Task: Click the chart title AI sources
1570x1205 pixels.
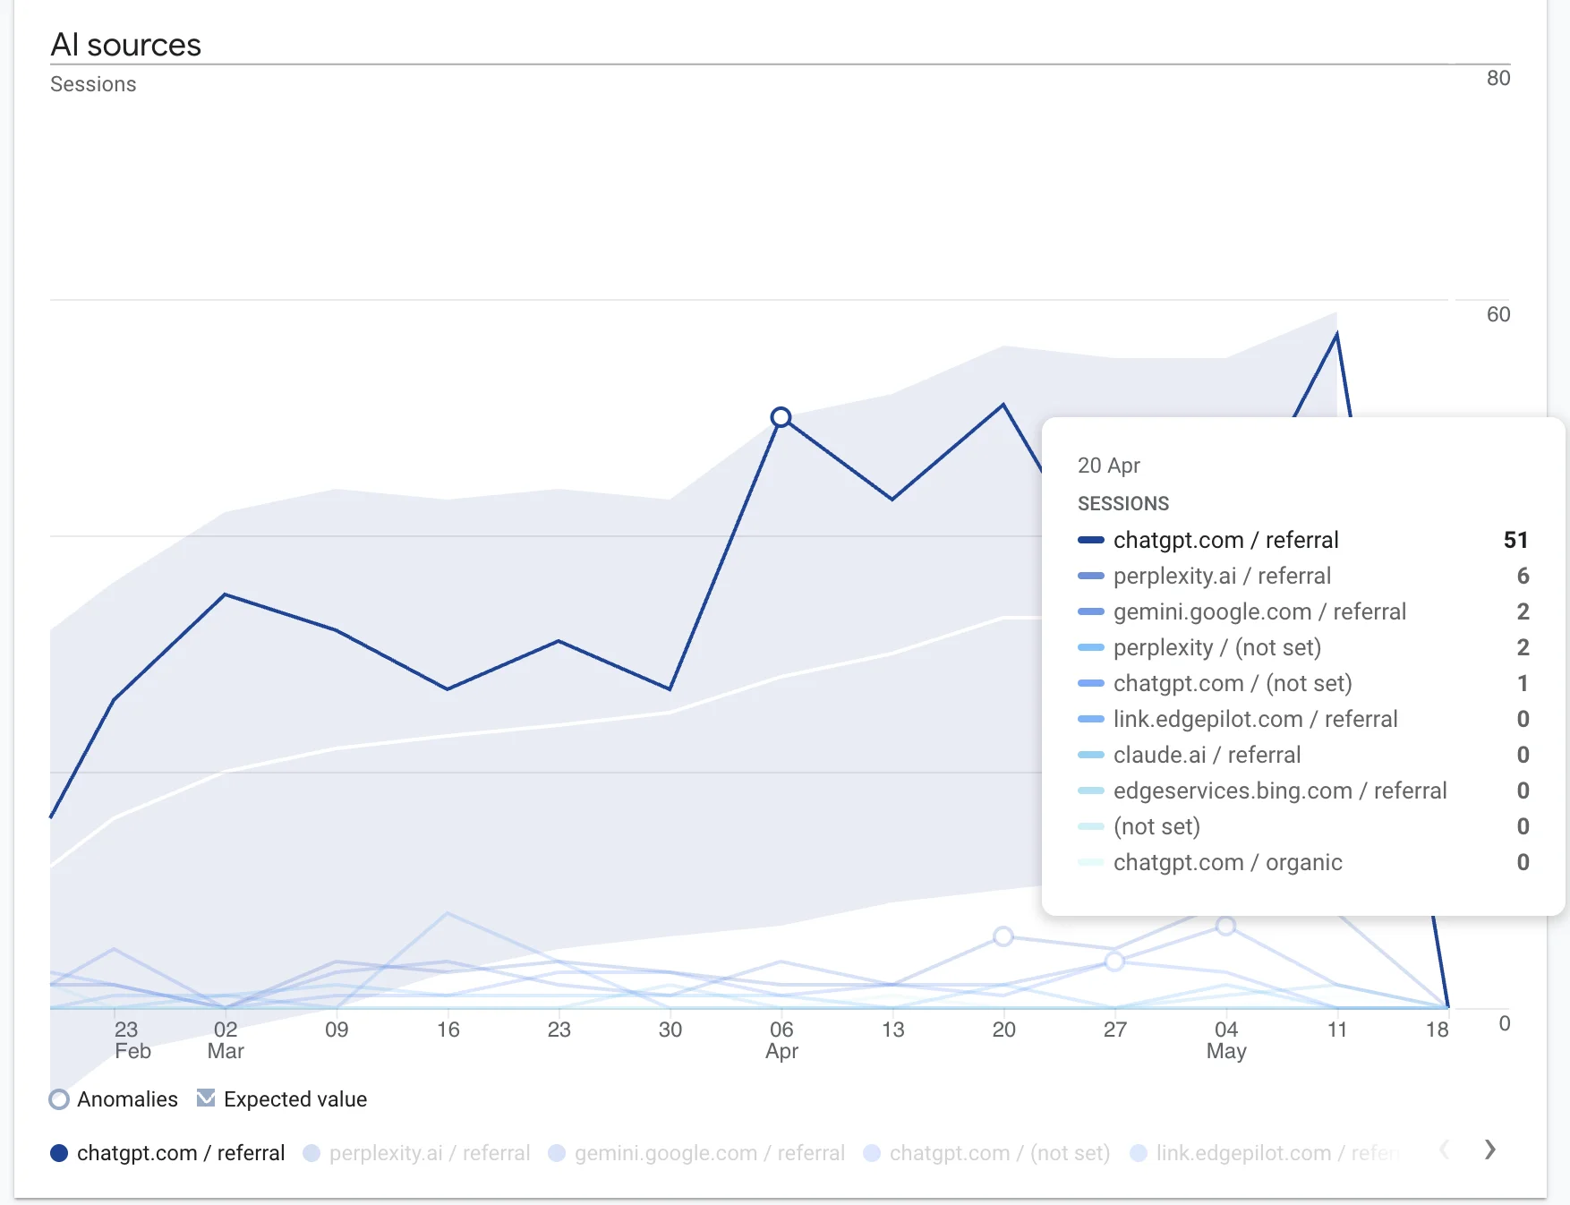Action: (126, 45)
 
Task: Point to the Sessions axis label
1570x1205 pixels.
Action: (93, 84)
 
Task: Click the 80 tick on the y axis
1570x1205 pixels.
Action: (1497, 79)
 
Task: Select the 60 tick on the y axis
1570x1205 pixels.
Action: (1497, 314)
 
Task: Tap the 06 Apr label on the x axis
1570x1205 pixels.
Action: (781, 1039)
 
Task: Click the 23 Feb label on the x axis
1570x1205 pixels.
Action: (127, 1039)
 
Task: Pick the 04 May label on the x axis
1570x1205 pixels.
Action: (1225, 1039)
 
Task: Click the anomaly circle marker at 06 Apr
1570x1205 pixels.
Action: (781, 417)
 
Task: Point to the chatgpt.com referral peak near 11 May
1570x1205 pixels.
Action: (1336, 334)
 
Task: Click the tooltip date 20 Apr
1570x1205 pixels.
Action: (1108, 466)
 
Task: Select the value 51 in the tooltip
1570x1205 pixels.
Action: (1515, 540)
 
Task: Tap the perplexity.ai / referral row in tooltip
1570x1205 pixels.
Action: (1222, 576)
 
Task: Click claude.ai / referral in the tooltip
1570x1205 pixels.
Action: (1207, 755)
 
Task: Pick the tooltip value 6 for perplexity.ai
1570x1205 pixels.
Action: (1523, 576)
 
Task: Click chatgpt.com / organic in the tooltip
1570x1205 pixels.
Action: (1227, 862)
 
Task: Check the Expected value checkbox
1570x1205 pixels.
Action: (206, 1098)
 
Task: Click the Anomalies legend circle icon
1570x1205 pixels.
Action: (59, 1099)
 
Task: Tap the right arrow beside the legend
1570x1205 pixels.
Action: (1489, 1149)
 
